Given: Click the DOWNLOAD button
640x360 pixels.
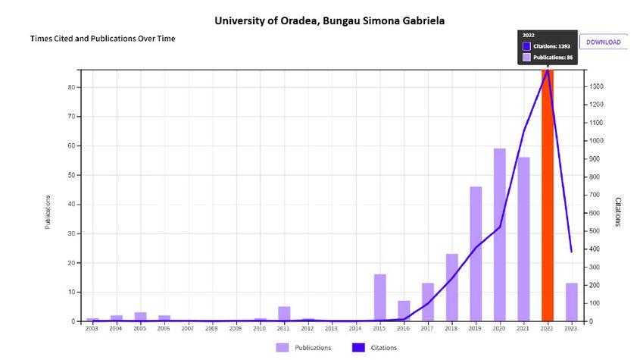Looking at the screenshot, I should coord(603,42).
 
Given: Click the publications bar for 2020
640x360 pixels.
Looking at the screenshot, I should coord(499,235).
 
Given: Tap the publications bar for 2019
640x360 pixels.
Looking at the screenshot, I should coord(476,254).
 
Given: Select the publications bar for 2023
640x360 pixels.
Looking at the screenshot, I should coord(571,302).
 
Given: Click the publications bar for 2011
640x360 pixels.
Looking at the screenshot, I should coord(284,314).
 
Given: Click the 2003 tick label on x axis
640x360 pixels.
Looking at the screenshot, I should coord(92,329).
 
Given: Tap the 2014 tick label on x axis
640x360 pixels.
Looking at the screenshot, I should coord(355,329).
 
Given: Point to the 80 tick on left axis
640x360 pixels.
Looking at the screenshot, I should coord(70,87).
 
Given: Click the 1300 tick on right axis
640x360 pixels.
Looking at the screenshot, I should coord(598,86).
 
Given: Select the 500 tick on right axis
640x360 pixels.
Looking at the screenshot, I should coord(597,231).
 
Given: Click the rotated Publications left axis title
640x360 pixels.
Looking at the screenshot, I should coord(48,213).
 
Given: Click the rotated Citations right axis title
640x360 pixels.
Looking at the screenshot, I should coord(618,213).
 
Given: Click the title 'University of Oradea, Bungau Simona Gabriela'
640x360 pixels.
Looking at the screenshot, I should coord(330,20).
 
